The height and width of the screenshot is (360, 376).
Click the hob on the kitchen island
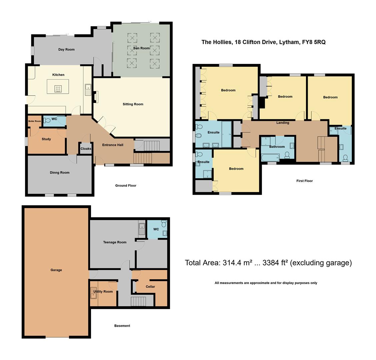(x=58, y=88)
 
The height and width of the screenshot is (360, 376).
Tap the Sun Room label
(x=141, y=48)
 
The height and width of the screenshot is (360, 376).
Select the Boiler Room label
(x=35, y=121)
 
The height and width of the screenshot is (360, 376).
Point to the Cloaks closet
(x=86, y=149)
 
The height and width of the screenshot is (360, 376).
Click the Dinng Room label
(x=60, y=173)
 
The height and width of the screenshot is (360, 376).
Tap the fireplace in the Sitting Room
(x=96, y=97)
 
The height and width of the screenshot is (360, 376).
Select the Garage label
(x=56, y=270)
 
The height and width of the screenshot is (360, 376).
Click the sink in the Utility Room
(x=94, y=295)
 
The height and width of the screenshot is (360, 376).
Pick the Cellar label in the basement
(x=150, y=287)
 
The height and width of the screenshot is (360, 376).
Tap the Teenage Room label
(x=115, y=242)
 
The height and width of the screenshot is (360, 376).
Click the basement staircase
(x=138, y=301)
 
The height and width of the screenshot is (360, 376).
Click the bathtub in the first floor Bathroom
(x=271, y=157)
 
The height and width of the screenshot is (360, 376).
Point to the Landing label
(x=283, y=123)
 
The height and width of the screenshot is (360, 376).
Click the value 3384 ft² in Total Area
(x=275, y=263)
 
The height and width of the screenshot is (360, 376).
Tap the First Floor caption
(x=304, y=181)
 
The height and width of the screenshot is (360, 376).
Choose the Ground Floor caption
(x=126, y=186)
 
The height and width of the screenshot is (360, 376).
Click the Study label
(x=46, y=139)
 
